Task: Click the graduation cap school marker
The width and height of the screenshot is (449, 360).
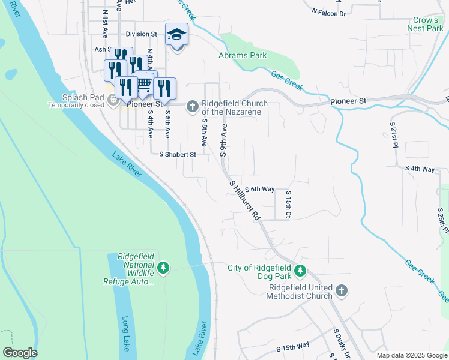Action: click(x=176, y=35)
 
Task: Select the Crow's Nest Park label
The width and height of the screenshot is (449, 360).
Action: click(x=424, y=24)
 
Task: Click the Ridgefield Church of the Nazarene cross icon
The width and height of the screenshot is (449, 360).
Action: click(x=192, y=106)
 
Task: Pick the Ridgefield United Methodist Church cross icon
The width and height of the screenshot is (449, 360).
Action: click(x=341, y=291)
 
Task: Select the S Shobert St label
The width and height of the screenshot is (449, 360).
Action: click(x=177, y=154)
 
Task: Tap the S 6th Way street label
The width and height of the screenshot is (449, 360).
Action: click(x=259, y=189)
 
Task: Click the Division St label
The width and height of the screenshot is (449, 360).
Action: click(x=141, y=34)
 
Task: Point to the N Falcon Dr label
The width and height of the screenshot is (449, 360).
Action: click(x=329, y=12)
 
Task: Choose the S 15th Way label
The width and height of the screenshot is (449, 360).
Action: click(x=292, y=346)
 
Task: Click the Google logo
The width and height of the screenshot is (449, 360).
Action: click(x=20, y=353)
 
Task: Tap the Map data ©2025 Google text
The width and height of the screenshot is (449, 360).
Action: click(x=411, y=355)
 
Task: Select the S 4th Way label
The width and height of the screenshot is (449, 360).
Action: click(x=420, y=169)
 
